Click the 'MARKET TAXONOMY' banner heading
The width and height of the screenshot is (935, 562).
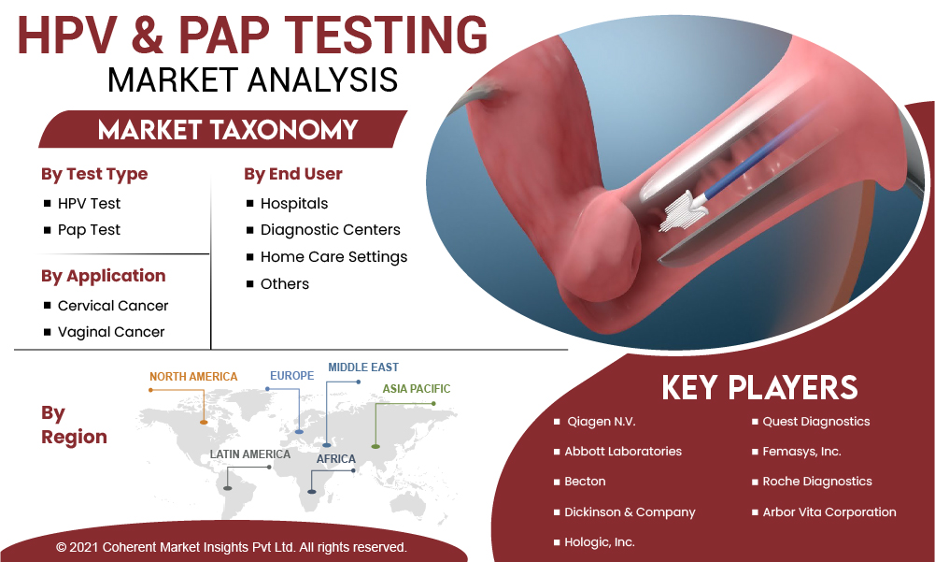[x=228, y=130]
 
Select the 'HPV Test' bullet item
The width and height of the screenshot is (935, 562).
[x=89, y=204]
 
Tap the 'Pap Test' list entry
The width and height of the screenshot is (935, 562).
[x=89, y=230]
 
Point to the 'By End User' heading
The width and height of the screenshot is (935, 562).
[x=292, y=174]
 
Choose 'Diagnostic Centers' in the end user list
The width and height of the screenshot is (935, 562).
[x=331, y=230]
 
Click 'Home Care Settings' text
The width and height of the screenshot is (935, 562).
[x=334, y=257]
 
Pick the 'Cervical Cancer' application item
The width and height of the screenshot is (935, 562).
[x=113, y=306]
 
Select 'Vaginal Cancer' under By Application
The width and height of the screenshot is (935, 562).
[x=111, y=332]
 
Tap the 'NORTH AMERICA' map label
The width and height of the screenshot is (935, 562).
[x=193, y=377]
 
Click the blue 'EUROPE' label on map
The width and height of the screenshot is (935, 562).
[x=291, y=376]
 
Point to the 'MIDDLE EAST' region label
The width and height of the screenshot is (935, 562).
[x=363, y=367]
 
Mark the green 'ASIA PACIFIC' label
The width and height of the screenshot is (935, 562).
[x=417, y=389]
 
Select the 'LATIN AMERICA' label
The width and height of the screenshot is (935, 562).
[x=249, y=454]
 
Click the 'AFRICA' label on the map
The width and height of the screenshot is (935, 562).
[x=335, y=459]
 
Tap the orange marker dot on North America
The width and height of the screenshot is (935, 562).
[x=204, y=423]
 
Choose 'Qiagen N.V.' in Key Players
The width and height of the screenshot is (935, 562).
[x=602, y=422]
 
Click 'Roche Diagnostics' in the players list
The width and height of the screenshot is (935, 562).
[x=817, y=482]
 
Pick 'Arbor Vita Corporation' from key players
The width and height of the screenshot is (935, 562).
[x=829, y=512]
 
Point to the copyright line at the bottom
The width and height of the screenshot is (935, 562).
[x=232, y=547]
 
